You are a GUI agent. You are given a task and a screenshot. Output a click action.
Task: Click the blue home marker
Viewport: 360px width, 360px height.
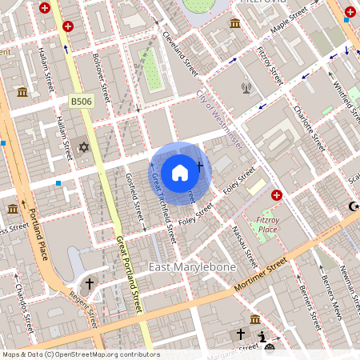click(x=180, y=172)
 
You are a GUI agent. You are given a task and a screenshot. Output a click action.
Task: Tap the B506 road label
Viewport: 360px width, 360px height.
click(x=81, y=101)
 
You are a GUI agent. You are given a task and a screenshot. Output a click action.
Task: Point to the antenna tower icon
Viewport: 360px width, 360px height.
click(x=246, y=87)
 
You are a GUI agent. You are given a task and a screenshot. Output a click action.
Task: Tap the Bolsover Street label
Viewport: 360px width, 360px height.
click(x=101, y=74)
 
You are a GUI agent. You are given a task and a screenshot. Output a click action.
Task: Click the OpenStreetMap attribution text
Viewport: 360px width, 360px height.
click(x=81, y=354)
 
